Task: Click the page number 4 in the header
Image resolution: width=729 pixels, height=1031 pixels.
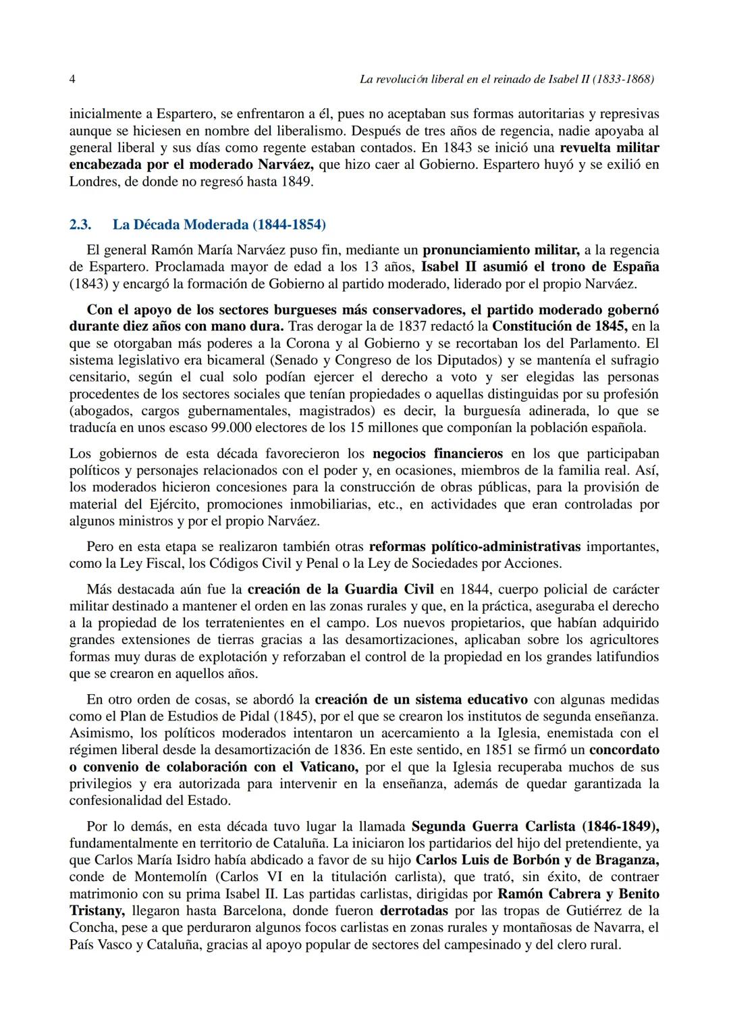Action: [x=72, y=80]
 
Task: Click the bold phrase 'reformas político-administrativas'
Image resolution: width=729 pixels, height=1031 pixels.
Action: [x=475, y=546]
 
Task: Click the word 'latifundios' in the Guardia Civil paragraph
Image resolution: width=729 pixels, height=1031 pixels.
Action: [x=626, y=657]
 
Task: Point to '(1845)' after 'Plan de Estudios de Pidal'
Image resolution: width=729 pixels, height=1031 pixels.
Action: [x=280, y=716]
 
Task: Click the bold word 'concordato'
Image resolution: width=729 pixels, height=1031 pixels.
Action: [x=624, y=750]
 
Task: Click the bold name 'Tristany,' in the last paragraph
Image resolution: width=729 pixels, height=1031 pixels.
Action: [x=97, y=911]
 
